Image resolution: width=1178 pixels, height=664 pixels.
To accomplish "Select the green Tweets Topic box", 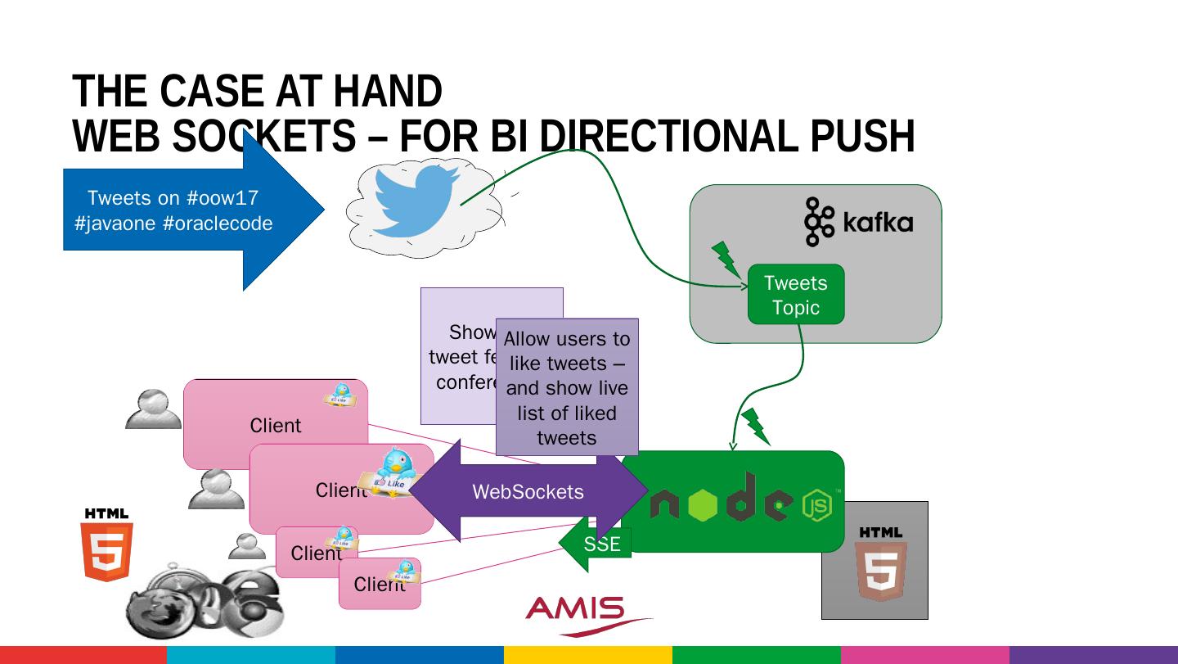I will pyautogui.click(x=795, y=295).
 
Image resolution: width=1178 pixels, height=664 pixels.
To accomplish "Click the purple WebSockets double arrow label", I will pyautogui.click(x=528, y=491).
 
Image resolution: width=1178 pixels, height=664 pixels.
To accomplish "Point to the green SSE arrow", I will pyautogui.click(x=597, y=544).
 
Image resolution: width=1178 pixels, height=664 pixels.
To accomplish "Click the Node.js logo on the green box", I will pyautogui.click(x=741, y=504).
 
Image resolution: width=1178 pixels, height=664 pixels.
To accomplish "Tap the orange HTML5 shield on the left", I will pyautogui.click(x=107, y=545).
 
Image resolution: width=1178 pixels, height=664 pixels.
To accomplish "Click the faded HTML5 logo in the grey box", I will pyautogui.click(x=879, y=565).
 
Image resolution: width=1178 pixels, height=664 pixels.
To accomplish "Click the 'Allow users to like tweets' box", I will pyautogui.click(x=567, y=386).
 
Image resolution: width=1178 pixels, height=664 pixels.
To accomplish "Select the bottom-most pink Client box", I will pyautogui.click(x=379, y=585).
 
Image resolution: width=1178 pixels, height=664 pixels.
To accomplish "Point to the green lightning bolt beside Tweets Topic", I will pyautogui.click(x=725, y=259).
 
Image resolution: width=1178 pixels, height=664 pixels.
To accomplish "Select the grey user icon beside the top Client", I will pyautogui.click(x=153, y=409).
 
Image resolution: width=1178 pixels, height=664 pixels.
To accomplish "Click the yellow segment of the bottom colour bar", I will pyautogui.click(x=587, y=655).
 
